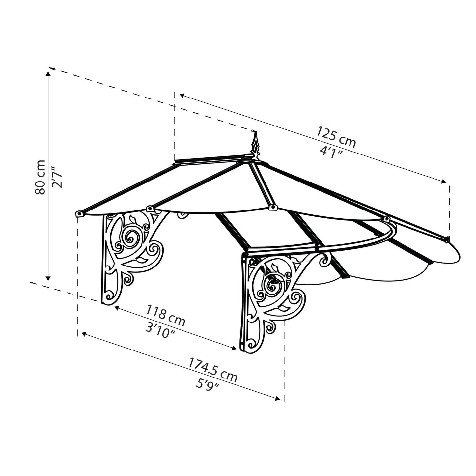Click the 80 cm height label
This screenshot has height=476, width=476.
pos(40,177)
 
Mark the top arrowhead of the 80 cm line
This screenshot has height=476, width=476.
pos(48,74)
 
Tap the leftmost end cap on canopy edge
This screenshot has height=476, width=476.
pos(79,214)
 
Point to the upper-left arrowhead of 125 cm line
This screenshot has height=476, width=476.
pos(182,96)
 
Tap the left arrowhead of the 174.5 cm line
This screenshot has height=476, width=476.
pos(84,335)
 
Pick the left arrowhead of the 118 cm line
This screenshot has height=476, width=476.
pos(117,308)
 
